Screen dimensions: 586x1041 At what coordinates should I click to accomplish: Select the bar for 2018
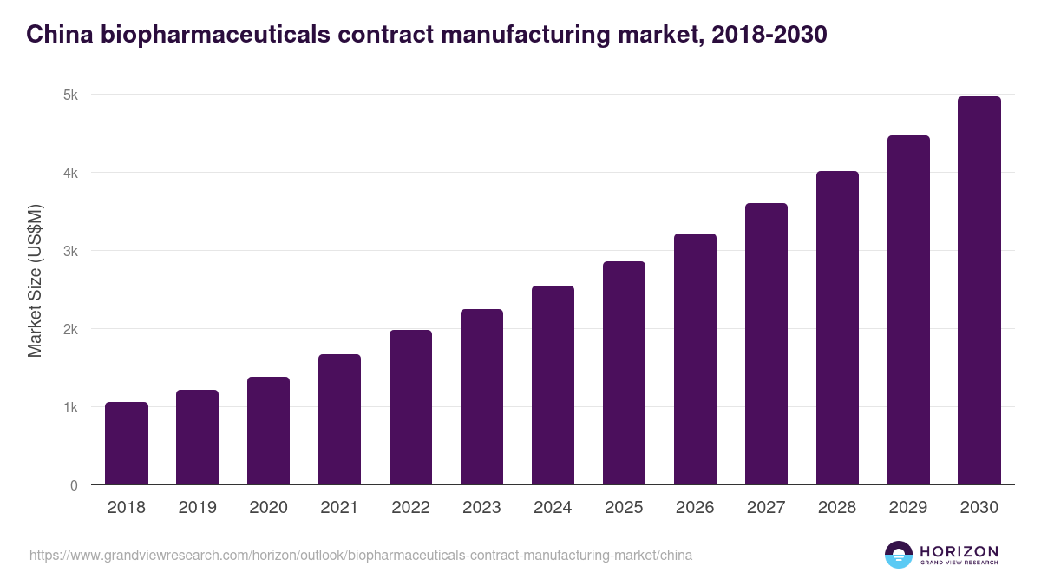pyautogui.click(x=127, y=444)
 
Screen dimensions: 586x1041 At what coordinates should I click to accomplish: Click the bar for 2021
pyautogui.click(x=339, y=419)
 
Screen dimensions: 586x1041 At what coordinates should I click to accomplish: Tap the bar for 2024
pyautogui.click(x=553, y=385)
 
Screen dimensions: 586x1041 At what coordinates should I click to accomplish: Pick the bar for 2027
pyautogui.click(x=766, y=344)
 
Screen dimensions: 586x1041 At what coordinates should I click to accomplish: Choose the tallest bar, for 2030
pyautogui.click(x=979, y=291)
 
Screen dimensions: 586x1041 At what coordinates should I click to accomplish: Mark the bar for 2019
pyautogui.click(x=197, y=438)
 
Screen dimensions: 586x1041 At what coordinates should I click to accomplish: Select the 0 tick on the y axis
pyautogui.click(x=74, y=485)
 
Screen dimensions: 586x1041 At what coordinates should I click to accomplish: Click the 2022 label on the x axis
pyautogui.click(x=410, y=508)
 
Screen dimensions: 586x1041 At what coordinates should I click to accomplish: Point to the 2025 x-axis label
pyautogui.click(x=624, y=508)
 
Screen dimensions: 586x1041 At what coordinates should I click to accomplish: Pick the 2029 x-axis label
pyautogui.click(x=908, y=508)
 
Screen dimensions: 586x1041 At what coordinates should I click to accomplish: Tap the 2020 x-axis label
pyautogui.click(x=268, y=508)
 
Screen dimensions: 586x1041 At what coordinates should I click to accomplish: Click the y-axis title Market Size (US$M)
pyautogui.click(x=36, y=280)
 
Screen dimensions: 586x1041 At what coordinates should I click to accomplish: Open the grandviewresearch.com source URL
pyautogui.click(x=361, y=555)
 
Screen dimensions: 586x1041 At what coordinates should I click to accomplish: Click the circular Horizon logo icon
pyautogui.click(x=899, y=555)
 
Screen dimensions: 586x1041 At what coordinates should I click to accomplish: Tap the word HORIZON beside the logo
pyautogui.click(x=959, y=550)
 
